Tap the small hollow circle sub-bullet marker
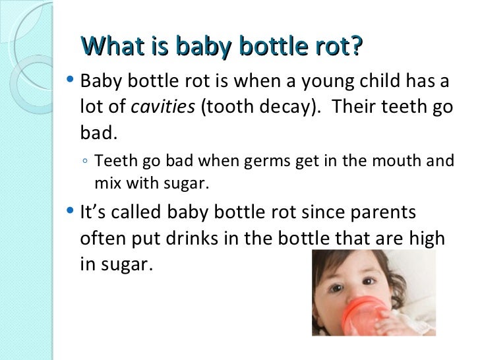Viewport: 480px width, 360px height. [88, 162]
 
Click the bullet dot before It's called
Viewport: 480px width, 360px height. [71, 212]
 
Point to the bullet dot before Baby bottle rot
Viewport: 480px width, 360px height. [71, 82]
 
